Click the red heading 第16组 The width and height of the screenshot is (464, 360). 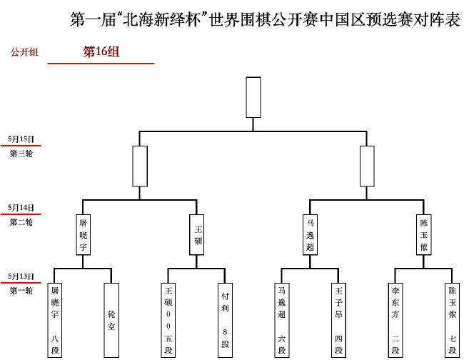pyautogui.click(x=101, y=51)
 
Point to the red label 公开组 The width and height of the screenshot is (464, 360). pyautogui.click(x=24, y=52)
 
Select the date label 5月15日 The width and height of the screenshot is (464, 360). pyautogui.click(x=21, y=139)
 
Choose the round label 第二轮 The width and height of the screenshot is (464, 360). pyautogui.click(x=21, y=222)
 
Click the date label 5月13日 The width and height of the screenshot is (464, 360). pyautogui.click(x=21, y=276)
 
